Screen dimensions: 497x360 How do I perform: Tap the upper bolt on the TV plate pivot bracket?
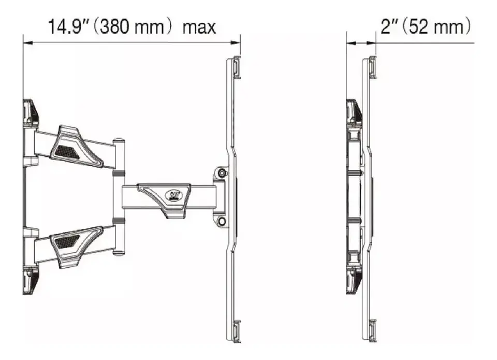[x=222, y=173]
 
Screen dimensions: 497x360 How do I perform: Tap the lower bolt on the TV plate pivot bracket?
[x=222, y=221]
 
